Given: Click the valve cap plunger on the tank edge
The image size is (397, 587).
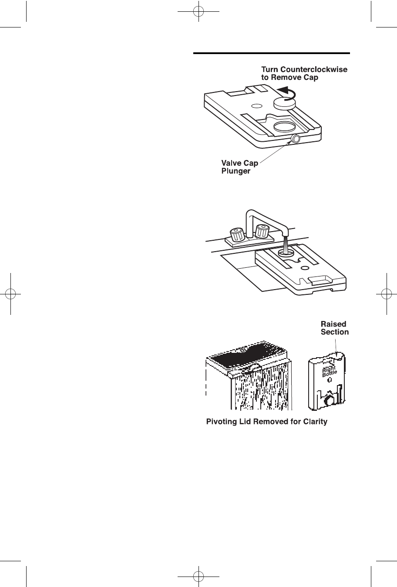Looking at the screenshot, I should [296, 139].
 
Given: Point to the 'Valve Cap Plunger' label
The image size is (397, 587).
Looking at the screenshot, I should [239, 167].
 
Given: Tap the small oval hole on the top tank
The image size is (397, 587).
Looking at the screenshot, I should [256, 105].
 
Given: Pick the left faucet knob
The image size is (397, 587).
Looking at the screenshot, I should [236, 235].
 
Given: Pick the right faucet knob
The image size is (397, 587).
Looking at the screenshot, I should [262, 231].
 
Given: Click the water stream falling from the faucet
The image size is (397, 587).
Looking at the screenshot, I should [285, 245].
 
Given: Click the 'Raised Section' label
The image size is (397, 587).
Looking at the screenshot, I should [334, 328].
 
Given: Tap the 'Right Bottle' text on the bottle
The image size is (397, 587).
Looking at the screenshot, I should [329, 372].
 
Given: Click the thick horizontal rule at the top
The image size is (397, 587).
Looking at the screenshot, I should [272, 54].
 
